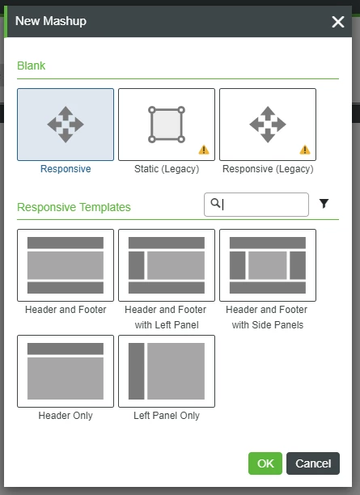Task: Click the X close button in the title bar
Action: (338, 22)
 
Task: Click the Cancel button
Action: (313, 463)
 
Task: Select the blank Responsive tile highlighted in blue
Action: (66, 125)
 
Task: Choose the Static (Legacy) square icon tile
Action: (167, 125)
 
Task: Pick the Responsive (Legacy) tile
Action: (268, 125)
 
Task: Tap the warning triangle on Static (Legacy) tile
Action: (204, 150)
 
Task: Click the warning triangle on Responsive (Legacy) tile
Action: (305, 150)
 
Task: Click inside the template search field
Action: (256, 205)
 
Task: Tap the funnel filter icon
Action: (324, 204)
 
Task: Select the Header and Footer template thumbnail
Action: (66, 265)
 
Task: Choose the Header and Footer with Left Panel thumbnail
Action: (167, 265)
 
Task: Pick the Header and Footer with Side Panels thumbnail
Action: (268, 265)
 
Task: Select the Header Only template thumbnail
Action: (66, 371)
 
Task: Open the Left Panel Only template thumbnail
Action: (167, 371)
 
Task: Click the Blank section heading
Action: (32, 66)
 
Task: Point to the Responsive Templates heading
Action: (74, 207)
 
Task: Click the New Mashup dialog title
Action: (51, 21)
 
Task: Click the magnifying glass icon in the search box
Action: (215, 203)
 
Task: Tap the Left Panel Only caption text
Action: (167, 416)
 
